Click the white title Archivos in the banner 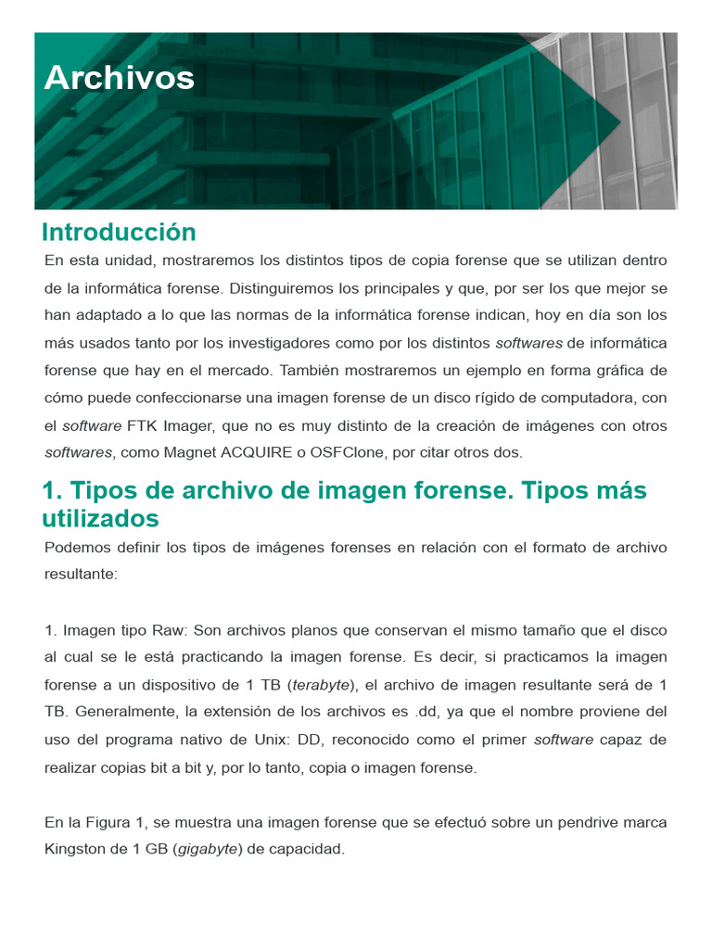click(119, 78)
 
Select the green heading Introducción click(119, 232)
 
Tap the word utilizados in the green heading click(100, 517)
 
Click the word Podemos click(75, 547)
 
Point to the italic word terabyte click(321, 685)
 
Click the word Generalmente click(127, 712)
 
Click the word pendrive click(591, 822)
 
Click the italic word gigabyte click(208, 849)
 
